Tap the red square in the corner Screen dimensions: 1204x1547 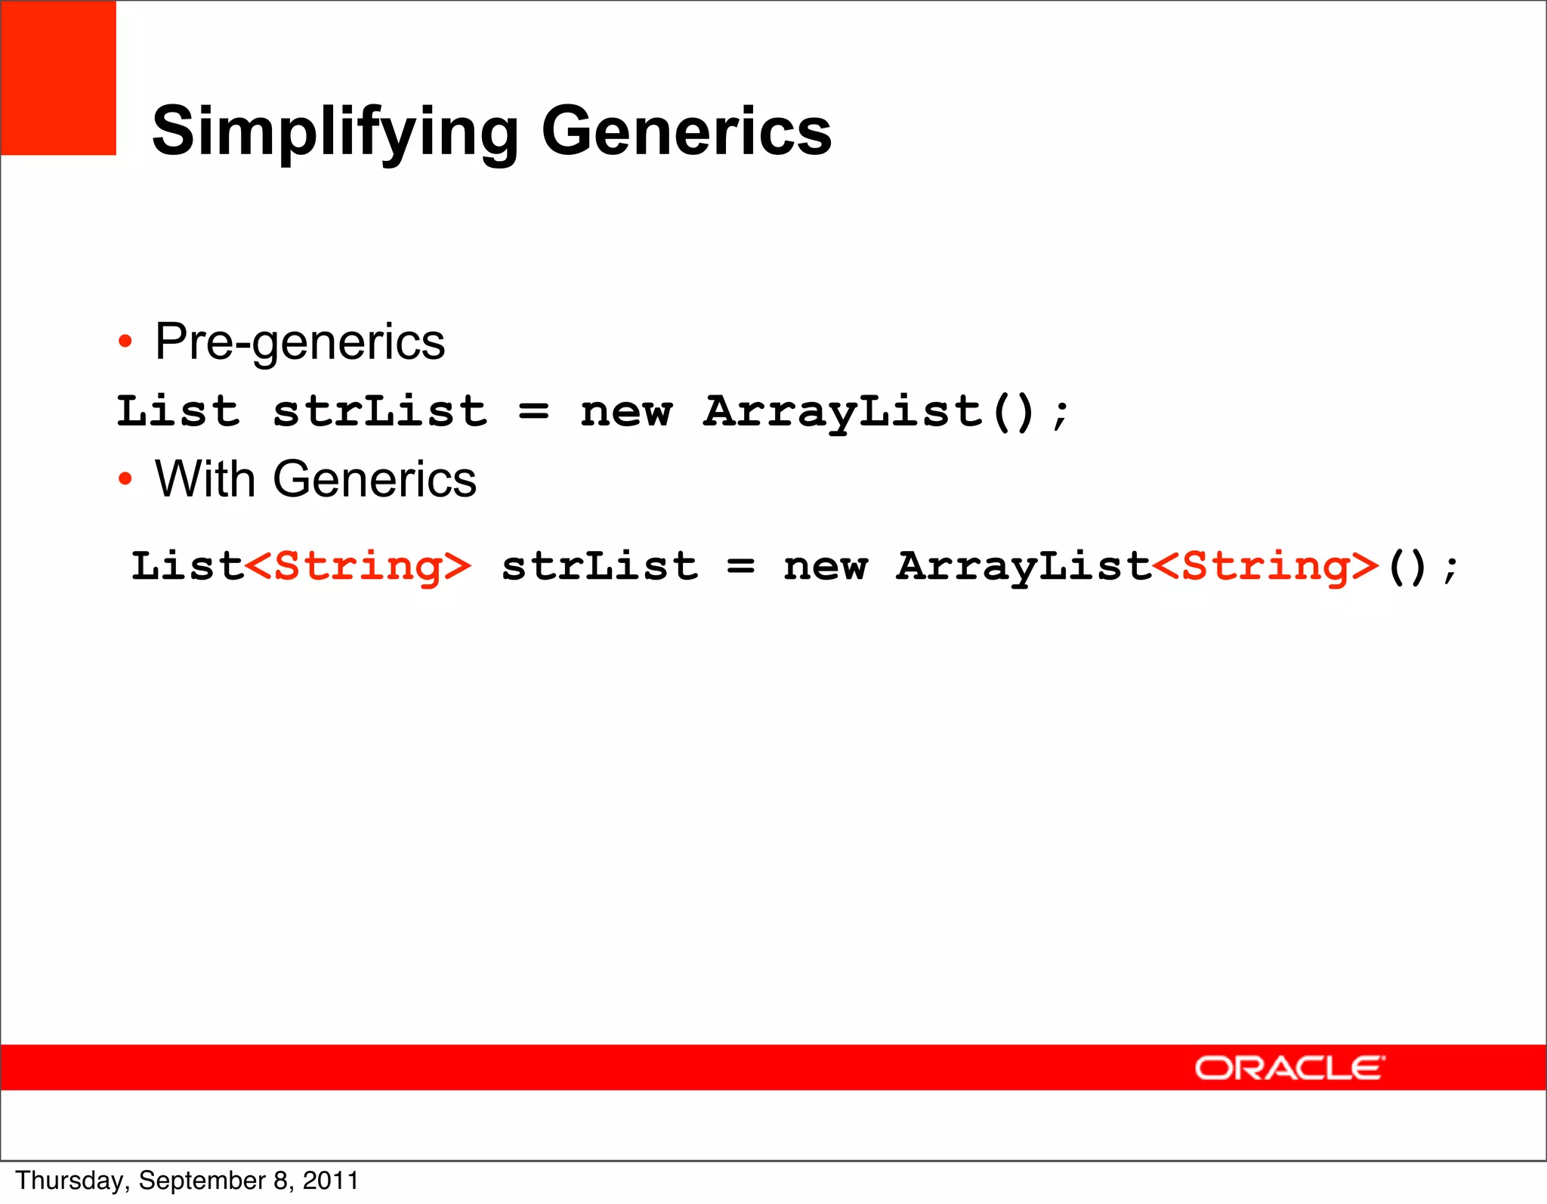click(x=58, y=78)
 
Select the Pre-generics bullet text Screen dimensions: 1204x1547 click(x=300, y=342)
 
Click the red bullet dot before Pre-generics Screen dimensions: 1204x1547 click(x=125, y=342)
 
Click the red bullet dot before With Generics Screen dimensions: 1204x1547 click(x=125, y=479)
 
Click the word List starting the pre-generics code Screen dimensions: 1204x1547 click(x=178, y=412)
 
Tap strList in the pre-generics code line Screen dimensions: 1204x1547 click(x=380, y=412)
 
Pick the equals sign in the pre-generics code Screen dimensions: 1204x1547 click(x=534, y=412)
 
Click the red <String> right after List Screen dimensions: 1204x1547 click(x=358, y=567)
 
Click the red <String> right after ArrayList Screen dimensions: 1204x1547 click(x=1266, y=567)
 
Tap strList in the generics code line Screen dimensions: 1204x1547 click(x=600, y=567)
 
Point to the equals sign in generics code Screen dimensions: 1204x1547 click(x=740, y=567)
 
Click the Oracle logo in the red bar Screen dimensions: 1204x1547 click(x=1289, y=1068)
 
